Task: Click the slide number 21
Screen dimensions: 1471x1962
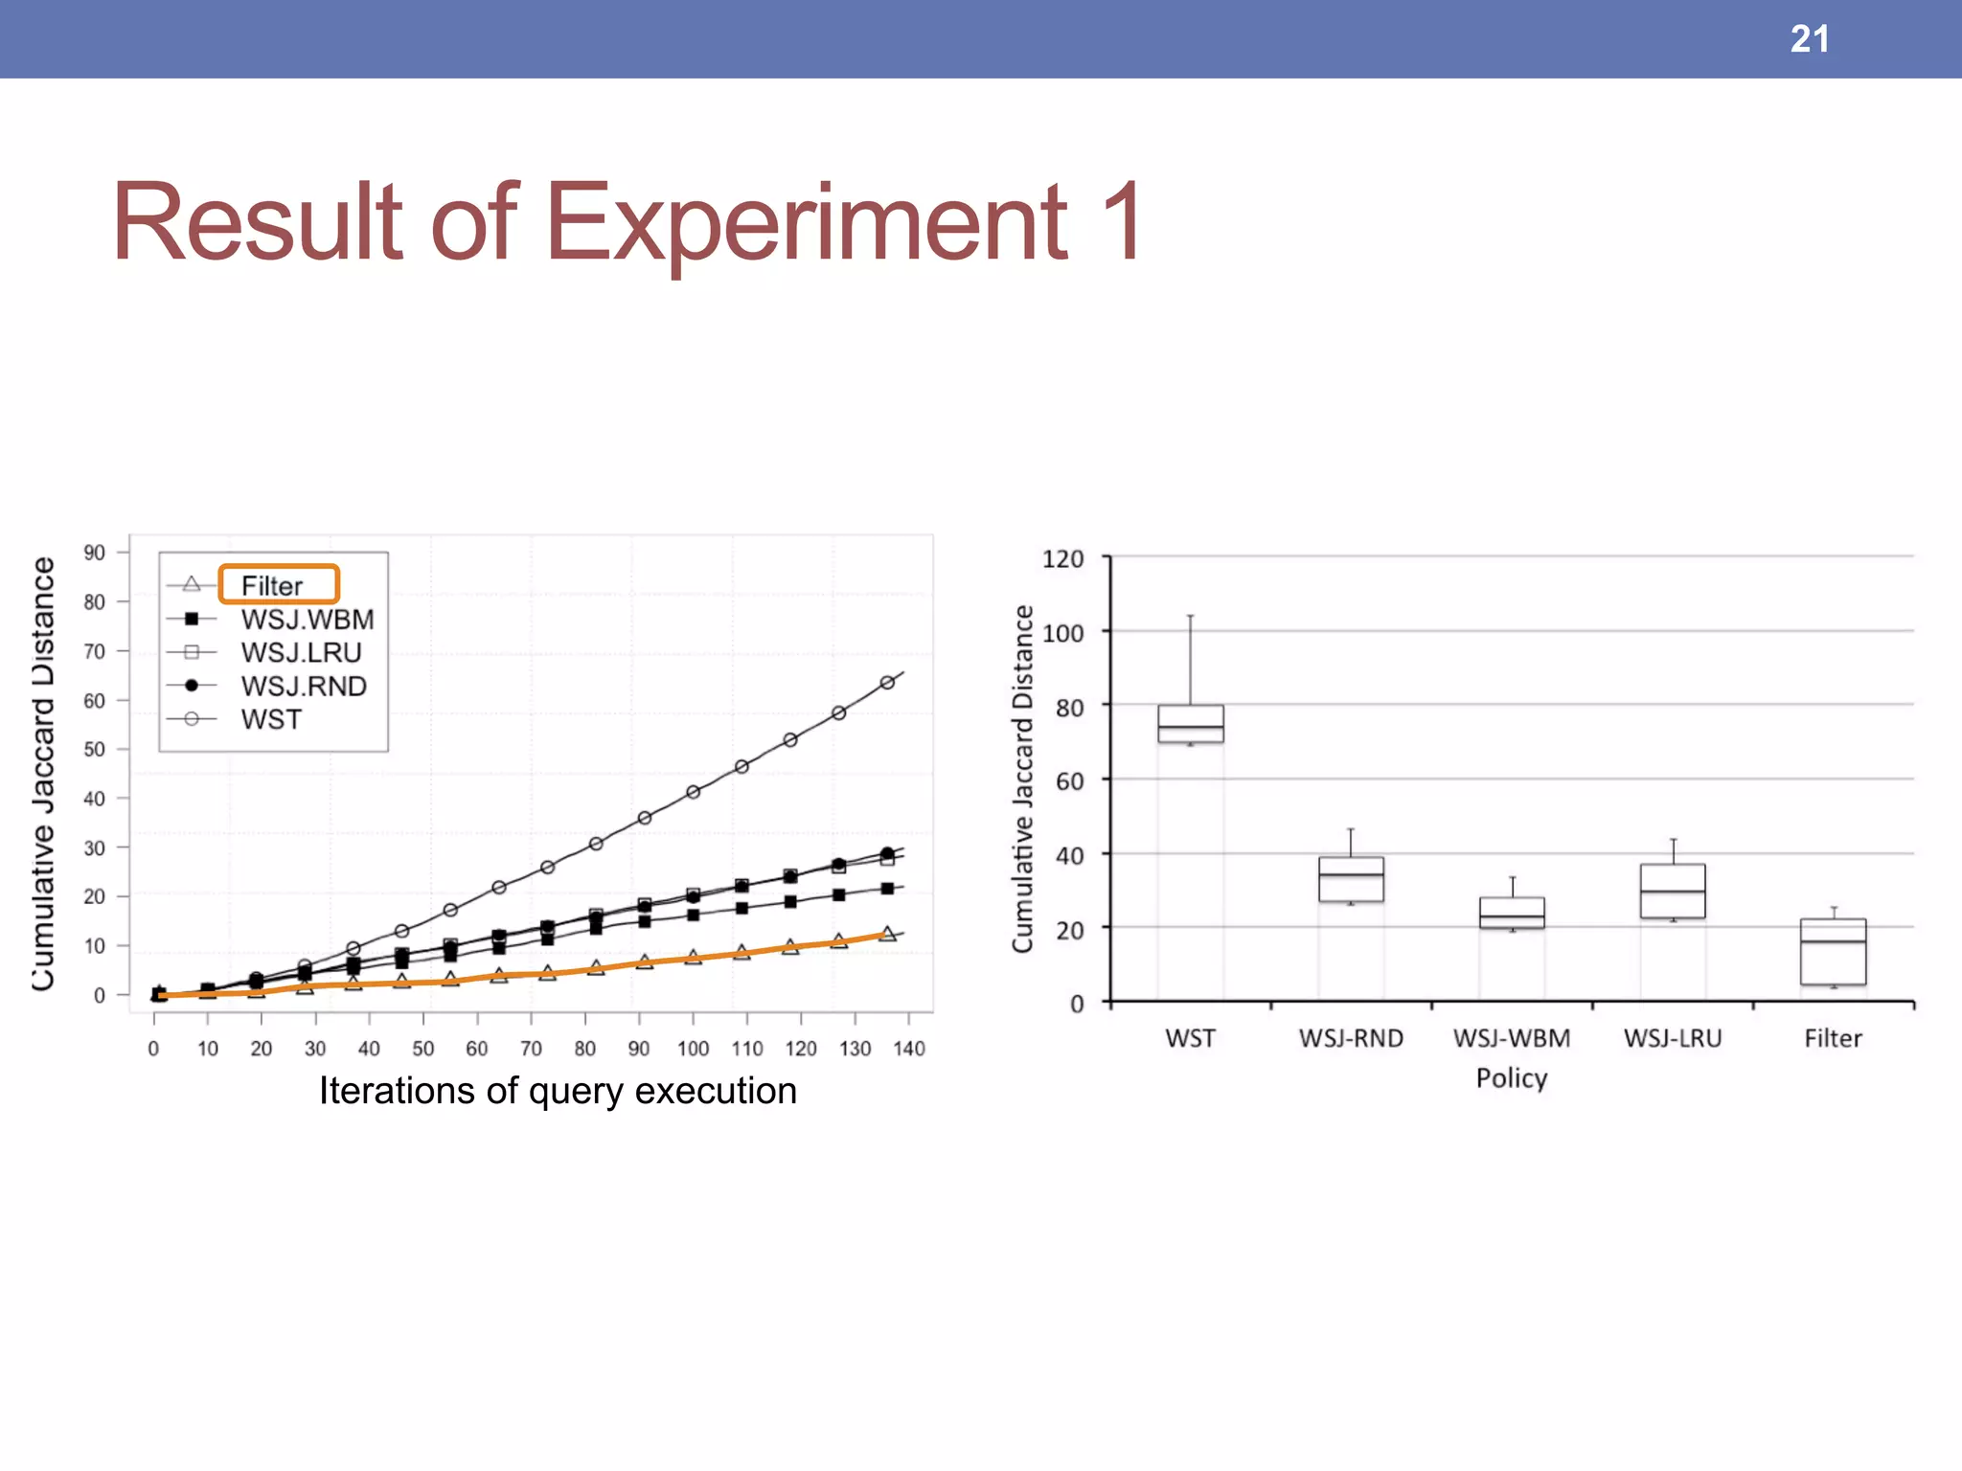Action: click(x=1809, y=39)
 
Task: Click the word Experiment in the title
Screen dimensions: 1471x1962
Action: click(x=806, y=223)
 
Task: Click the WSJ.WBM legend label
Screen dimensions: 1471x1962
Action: click(x=307, y=620)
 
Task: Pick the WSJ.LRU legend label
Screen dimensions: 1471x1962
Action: click(x=301, y=653)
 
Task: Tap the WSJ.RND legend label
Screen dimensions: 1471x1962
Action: click(x=304, y=687)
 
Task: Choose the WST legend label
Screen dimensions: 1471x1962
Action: click(x=271, y=720)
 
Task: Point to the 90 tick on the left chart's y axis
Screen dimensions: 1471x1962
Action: click(x=94, y=553)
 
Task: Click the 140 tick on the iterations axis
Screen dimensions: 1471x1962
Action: click(x=908, y=1049)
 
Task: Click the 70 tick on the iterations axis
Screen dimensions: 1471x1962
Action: click(x=531, y=1049)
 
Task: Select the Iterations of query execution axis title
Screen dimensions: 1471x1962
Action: click(x=558, y=1091)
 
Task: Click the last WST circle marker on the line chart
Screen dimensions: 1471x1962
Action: click(x=887, y=683)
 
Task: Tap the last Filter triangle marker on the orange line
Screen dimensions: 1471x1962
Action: click(x=887, y=934)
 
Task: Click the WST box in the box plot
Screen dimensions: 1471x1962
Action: click(x=1190, y=724)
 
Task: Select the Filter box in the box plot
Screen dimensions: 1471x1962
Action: click(x=1833, y=952)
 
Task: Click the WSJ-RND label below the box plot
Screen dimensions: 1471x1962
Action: click(x=1351, y=1038)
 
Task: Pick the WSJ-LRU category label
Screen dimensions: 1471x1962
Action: click(x=1673, y=1038)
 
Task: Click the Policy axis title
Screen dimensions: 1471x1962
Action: click(x=1512, y=1078)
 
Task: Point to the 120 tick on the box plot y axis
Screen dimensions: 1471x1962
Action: click(x=1062, y=559)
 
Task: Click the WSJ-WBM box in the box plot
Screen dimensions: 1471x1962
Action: click(x=1512, y=913)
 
